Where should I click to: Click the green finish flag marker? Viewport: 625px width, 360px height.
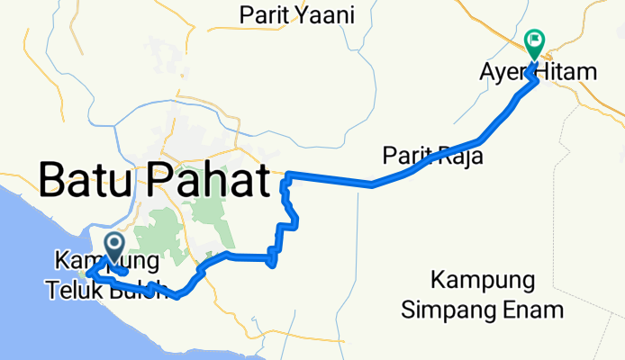point(534,40)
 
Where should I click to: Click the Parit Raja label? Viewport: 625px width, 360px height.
point(433,155)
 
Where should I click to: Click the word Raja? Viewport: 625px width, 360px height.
point(461,155)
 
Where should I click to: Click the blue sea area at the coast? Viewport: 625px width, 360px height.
point(27,270)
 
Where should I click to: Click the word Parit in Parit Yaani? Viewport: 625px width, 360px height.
point(261,15)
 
